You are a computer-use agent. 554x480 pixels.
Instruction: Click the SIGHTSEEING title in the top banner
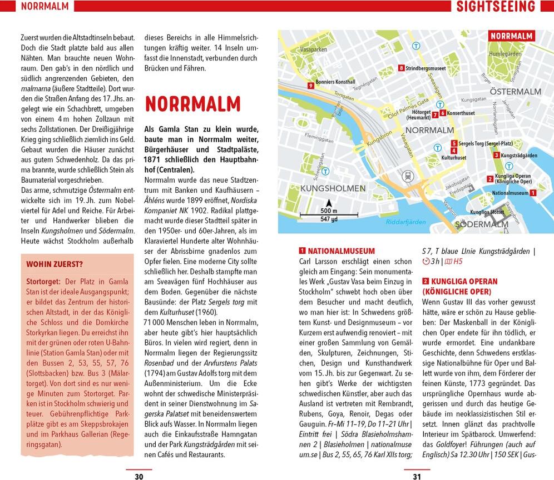[x=495, y=7]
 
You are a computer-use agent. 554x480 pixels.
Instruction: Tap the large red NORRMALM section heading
[x=192, y=104]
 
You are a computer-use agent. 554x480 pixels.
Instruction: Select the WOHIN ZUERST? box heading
[x=55, y=264]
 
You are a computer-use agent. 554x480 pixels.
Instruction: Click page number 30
[x=139, y=476]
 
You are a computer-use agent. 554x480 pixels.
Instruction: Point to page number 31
[x=417, y=476]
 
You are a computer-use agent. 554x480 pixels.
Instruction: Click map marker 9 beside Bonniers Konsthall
[x=310, y=86]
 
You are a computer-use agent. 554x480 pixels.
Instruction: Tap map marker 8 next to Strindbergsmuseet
[x=401, y=68]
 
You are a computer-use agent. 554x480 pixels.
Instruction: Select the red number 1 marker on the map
[x=532, y=193]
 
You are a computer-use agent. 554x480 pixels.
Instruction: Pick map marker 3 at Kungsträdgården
[x=496, y=156]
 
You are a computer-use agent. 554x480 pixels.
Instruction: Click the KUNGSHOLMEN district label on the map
[x=332, y=188]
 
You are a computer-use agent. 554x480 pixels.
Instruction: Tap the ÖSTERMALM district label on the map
[x=515, y=92]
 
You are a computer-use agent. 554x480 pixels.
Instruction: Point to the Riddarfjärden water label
[x=405, y=222]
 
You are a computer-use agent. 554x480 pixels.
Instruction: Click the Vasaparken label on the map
[x=313, y=49]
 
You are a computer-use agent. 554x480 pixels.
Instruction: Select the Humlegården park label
[x=504, y=54]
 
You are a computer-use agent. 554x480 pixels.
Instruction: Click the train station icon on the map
[x=408, y=176]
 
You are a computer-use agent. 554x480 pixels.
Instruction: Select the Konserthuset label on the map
[x=461, y=113]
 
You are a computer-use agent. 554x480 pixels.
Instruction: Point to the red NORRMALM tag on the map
[x=511, y=36]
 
